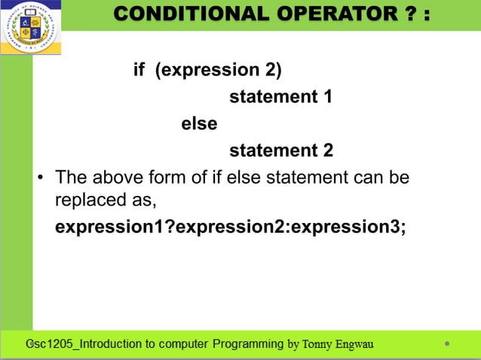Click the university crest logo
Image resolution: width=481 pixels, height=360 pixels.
[31, 28]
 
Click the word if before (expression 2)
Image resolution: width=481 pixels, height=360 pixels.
[139, 70]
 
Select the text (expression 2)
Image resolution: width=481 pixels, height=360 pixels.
[218, 70]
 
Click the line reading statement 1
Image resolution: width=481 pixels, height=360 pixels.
[280, 97]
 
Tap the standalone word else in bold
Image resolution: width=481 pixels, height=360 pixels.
[199, 124]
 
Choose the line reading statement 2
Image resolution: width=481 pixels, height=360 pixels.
[280, 151]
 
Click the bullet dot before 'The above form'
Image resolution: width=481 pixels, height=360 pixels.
[43, 178]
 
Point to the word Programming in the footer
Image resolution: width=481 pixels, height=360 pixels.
[249, 344]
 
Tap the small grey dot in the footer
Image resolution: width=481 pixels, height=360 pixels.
[447, 344]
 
